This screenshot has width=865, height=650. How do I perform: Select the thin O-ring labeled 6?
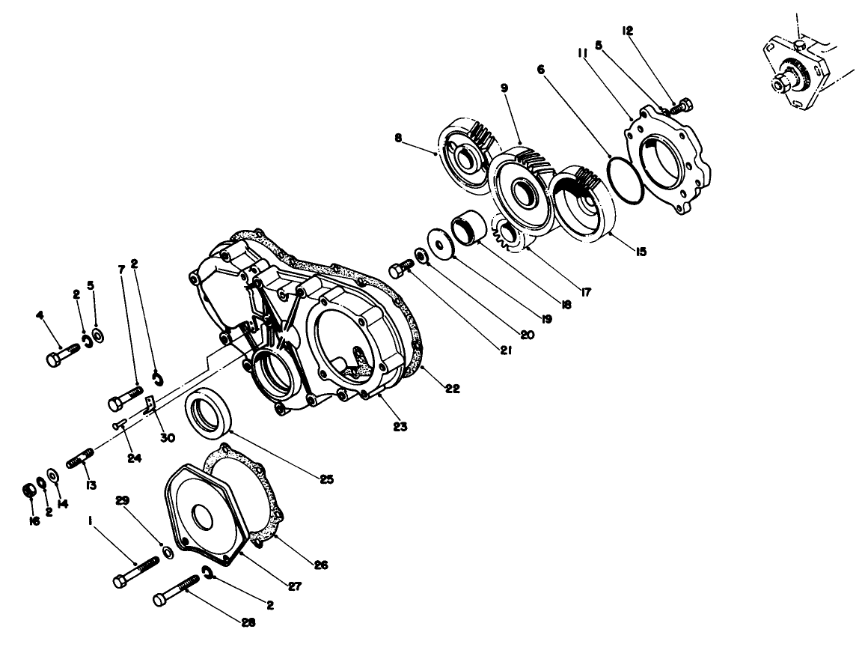tap(610, 174)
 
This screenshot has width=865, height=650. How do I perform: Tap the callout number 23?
tap(400, 426)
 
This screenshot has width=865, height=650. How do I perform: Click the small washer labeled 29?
tap(168, 553)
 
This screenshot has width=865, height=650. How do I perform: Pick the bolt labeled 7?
tap(124, 397)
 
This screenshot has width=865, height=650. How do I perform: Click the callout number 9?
tap(504, 88)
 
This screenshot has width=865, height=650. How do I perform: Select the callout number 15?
tap(641, 252)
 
